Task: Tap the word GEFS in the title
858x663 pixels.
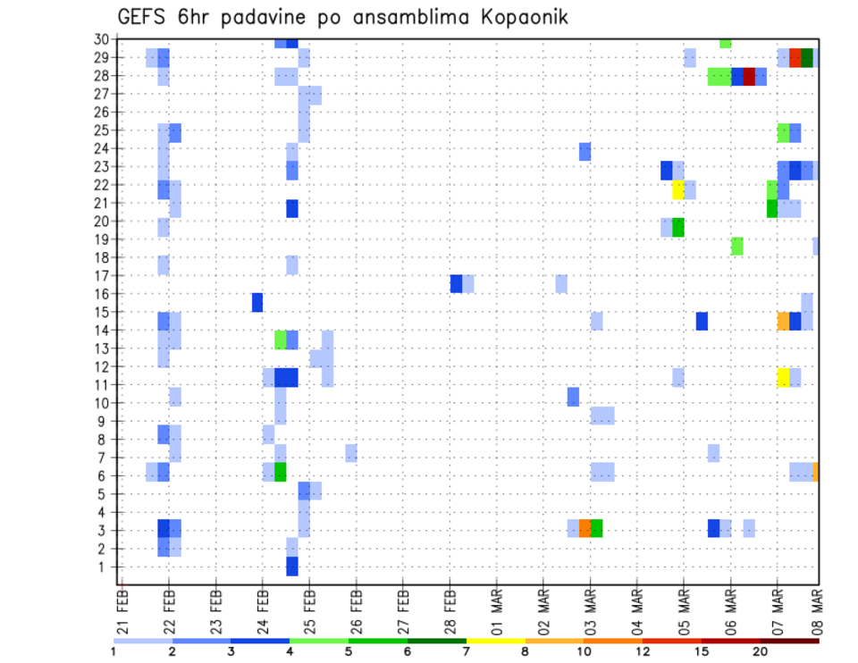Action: tap(147, 17)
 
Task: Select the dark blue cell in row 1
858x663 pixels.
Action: tap(292, 566)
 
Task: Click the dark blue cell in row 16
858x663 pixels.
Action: tap(257, 302)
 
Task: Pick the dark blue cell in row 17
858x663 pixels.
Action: tap(456, 283)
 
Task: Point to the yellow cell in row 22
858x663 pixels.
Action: tap(677, 189)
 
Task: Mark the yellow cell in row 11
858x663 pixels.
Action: tap(783, 377)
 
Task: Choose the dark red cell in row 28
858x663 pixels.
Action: tap(749, 77)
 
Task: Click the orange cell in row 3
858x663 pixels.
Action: tap(585, 528)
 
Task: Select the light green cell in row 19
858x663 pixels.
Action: tap(736, 246)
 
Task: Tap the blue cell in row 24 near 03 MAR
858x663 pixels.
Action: tap(585, 152)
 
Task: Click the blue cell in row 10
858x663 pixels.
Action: tap(573, 396)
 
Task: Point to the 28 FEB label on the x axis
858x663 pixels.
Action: tap(450, 608)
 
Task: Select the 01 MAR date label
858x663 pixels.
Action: tap(496, 608)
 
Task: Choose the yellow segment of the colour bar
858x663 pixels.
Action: tap(496, 641)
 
